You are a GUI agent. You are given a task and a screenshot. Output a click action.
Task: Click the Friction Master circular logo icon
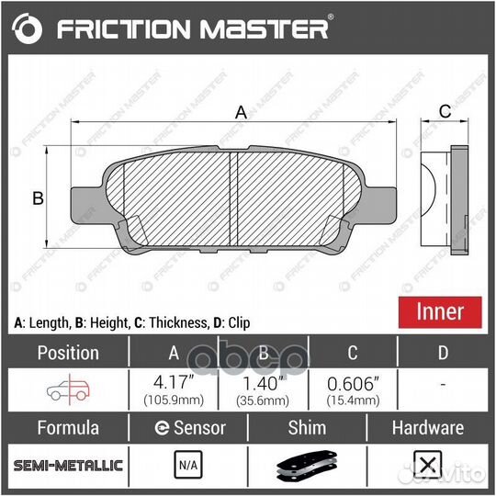tap(28, 29)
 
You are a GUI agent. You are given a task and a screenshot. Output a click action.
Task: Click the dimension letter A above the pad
tap(242, 112)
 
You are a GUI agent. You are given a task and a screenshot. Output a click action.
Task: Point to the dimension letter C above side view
tap(444, 112)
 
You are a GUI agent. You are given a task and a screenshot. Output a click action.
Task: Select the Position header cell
tap(67, 353)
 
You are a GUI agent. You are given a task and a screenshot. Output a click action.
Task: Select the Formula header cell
tap(67, 427)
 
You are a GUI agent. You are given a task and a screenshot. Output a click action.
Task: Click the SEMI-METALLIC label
tap(67, 466)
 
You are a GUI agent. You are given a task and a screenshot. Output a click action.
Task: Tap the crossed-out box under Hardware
tap(425, 466)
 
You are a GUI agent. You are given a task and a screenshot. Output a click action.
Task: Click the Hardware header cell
tap(427, 427)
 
